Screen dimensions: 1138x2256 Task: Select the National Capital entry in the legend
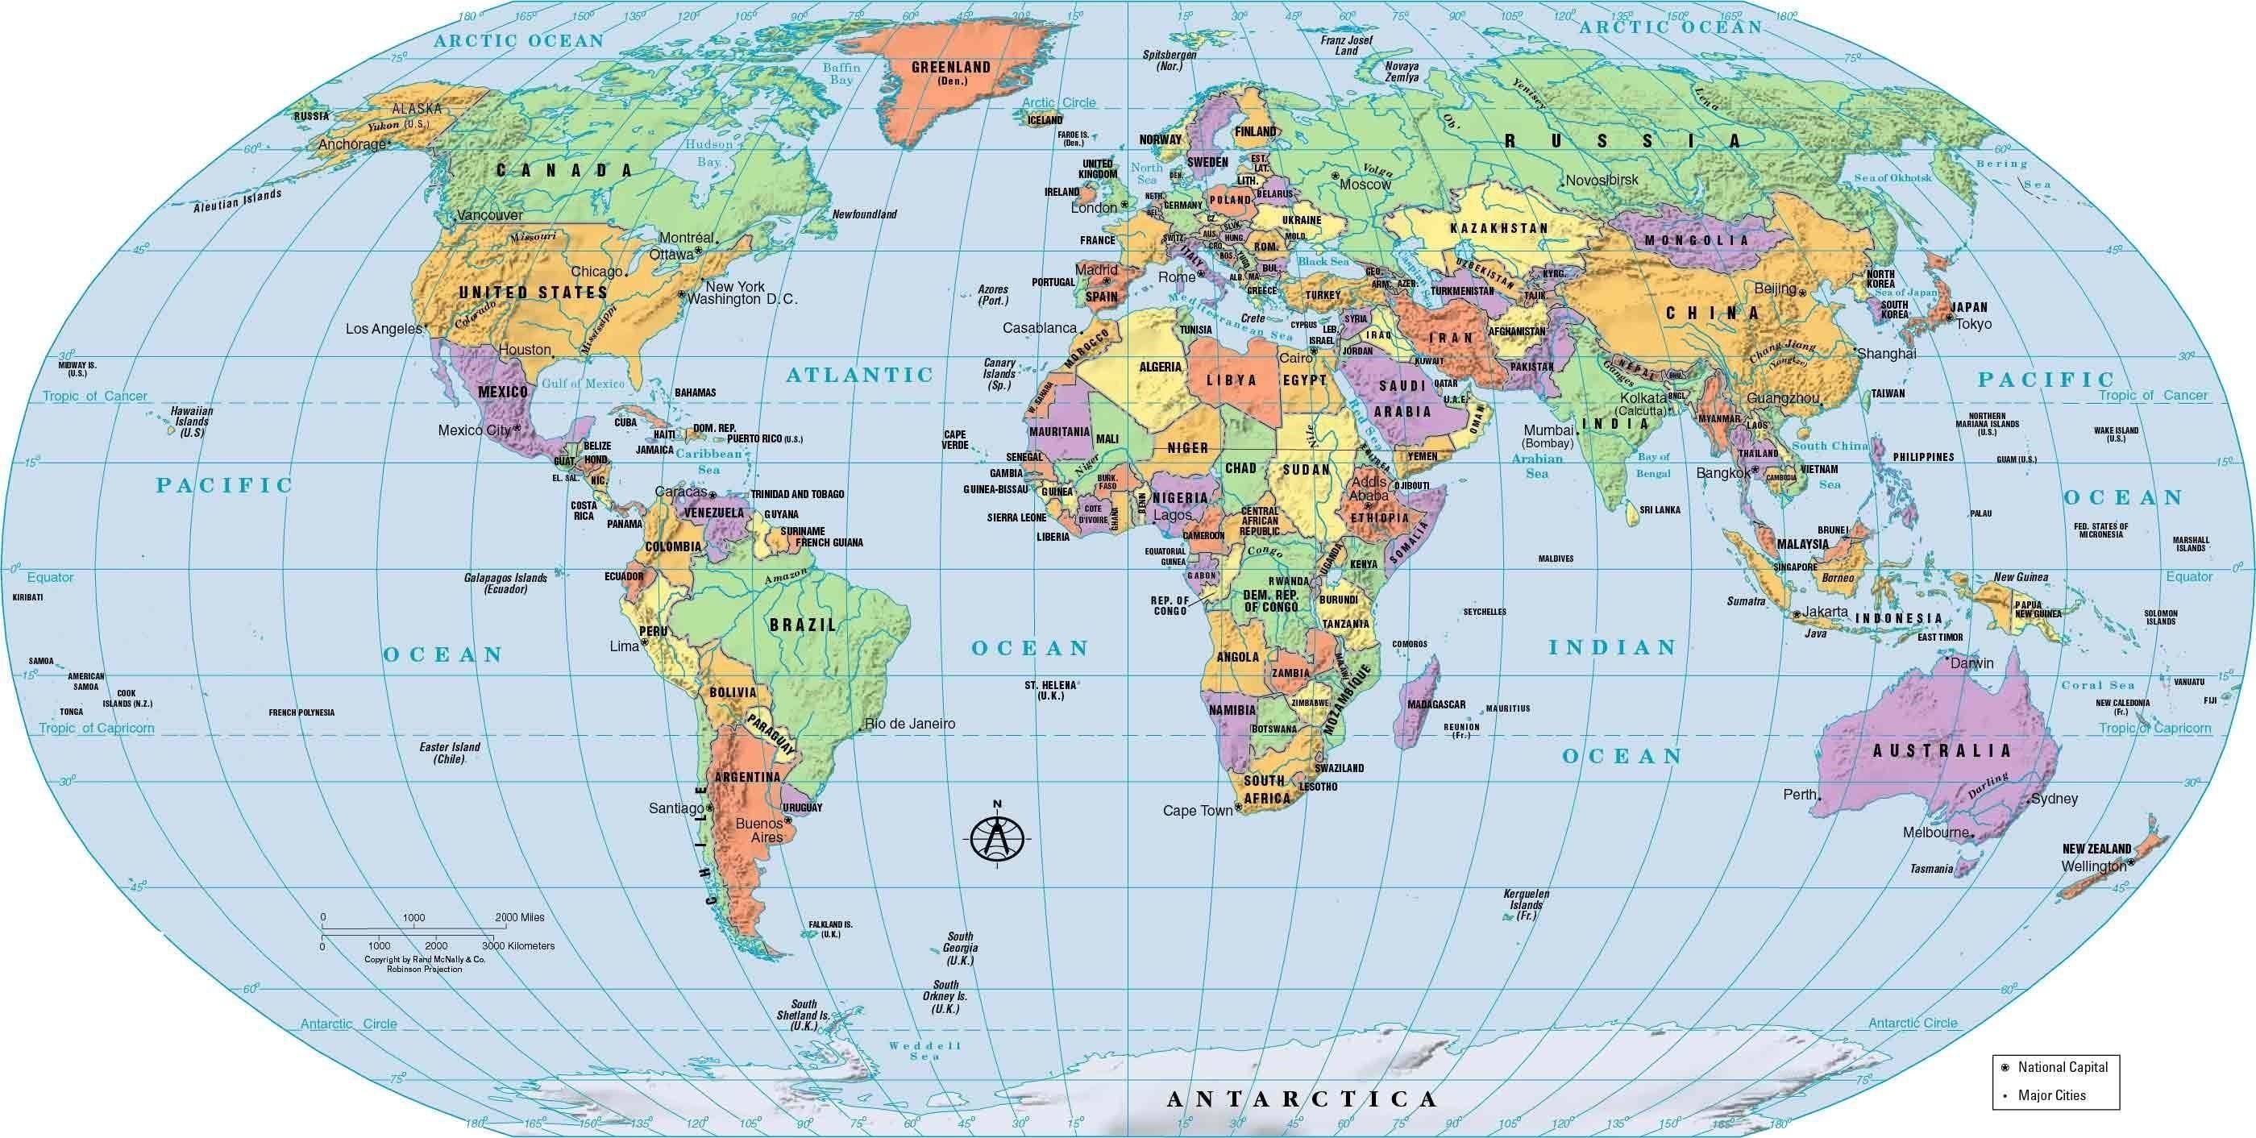click(x=2063, y=1067)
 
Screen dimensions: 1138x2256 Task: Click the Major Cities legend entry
click(x=2051, y=1095)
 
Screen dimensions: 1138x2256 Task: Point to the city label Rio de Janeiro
click(x=910, y=724)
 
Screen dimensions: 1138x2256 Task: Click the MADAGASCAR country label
click(x=1436, y=704)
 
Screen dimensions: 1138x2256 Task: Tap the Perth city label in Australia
click(x=1800, y=795)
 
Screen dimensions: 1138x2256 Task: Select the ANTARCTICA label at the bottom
click(x=1302, y=1099)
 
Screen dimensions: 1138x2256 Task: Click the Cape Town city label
click(x=1197, y=811)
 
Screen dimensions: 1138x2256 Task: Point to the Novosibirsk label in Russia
click(x=1602, y=181)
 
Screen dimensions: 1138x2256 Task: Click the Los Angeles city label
click(x=384, y=329)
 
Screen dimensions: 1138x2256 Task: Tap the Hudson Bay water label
click(x=709, y=153)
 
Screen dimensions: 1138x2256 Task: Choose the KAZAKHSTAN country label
click(x=1498, y=228)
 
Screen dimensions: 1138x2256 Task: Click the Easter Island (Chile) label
click(x=449, y=753)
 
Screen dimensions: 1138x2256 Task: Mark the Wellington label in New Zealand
click(x=2092, y=866)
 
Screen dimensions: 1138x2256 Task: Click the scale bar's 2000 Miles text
click(x=519, y=917)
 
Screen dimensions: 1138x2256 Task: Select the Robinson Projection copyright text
click(x=424, y=969)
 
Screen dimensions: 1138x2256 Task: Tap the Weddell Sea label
click(x=924, y=1050)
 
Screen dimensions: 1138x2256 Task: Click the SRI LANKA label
click(x=1660, y=509)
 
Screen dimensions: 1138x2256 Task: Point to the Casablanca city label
click(x=1039, y=328)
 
